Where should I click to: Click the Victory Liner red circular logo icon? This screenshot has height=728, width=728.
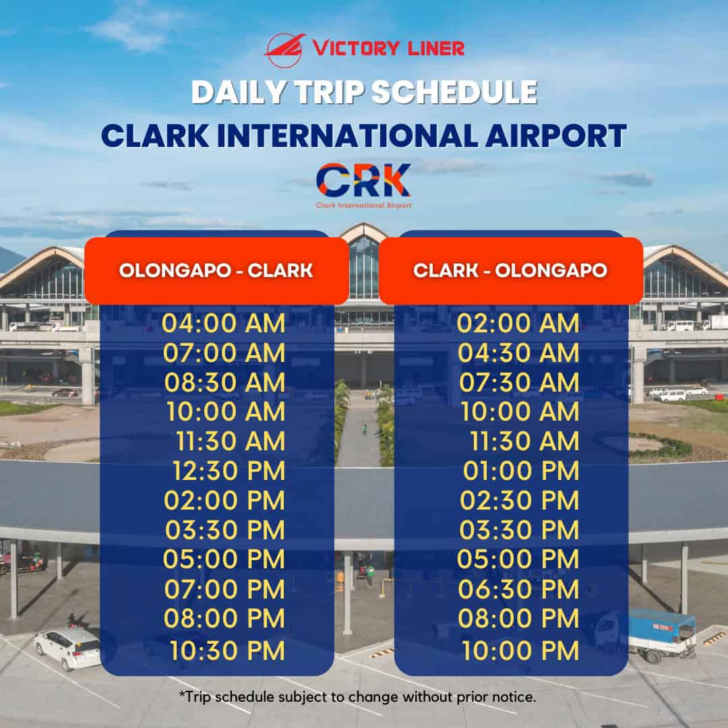coord(284,49)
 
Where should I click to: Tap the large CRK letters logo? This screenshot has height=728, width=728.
coord(363,180)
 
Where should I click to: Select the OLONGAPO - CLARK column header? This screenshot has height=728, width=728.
coord(216,270)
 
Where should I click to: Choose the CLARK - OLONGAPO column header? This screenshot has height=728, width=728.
coord(510,270)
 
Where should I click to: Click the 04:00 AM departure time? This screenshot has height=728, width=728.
coord(223,324)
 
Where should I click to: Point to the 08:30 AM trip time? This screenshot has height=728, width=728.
coord(224,382)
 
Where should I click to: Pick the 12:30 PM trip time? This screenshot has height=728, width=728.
coord(229,471)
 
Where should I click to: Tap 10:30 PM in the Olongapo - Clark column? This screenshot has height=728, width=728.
coord(227,650)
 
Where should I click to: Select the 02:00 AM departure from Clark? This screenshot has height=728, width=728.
coord(518,324)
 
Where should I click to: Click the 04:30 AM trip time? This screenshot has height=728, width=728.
coord(518,353)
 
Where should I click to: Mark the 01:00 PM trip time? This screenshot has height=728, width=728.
coord(520,471)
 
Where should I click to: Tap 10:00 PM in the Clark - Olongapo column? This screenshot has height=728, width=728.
coord(520,650)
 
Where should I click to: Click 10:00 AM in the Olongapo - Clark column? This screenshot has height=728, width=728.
coord(223,412)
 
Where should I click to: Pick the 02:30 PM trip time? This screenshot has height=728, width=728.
coord(519,501)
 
